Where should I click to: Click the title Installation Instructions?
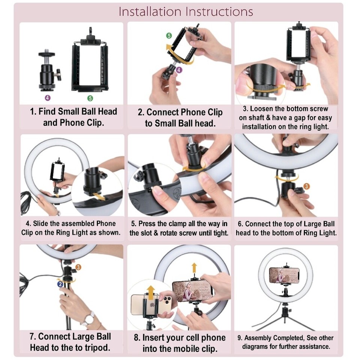click(x=186, y=12)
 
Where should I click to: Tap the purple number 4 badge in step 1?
click(x=47, y=98)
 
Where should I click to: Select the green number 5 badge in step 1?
click(x=90, y=98)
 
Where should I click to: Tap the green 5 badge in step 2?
click(x=169, y=36)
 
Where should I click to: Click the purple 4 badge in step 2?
click(x=179, y=70)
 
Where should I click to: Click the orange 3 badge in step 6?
click(x=306, y=186)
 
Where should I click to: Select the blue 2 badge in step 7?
click(x=60, y=284)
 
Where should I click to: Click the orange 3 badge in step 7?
click(x=78, y=267)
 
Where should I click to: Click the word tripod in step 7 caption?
click(x=97, y=347)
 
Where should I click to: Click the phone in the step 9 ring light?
click(x=284, y=276)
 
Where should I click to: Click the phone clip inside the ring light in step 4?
click(x=58, y=172)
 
